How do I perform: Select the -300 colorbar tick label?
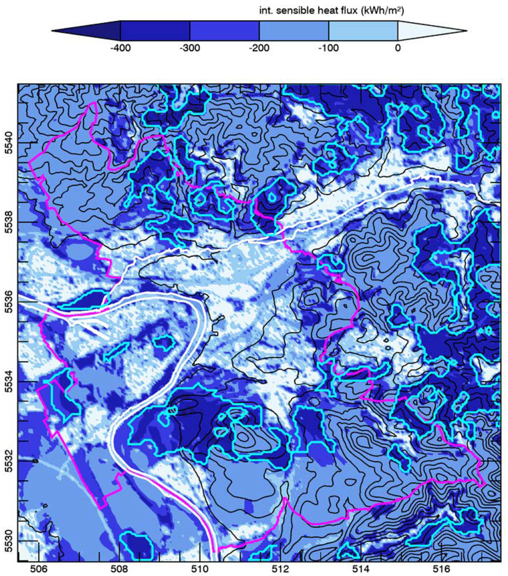[190, 48]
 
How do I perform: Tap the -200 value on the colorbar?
[259, 48]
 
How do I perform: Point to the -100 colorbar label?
[328, 48]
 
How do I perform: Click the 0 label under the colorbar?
[397, 48]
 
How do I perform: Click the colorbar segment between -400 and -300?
[155, 30]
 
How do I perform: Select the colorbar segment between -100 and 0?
[363, 30]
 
